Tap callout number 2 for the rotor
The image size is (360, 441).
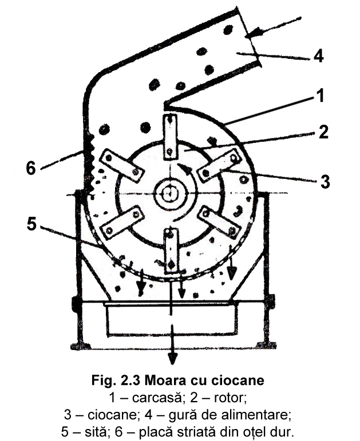(323, 133)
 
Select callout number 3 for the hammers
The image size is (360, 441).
(325, 182)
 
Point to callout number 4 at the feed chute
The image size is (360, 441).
(318, 56)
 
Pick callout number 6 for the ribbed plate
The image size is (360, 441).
(31, 168)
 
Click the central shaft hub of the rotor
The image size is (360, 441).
(170, 193)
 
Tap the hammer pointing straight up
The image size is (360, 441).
(170, 137)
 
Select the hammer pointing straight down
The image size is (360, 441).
(171, 250)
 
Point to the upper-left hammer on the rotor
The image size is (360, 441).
(121, 166)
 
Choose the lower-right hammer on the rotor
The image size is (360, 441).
(218, 221)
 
